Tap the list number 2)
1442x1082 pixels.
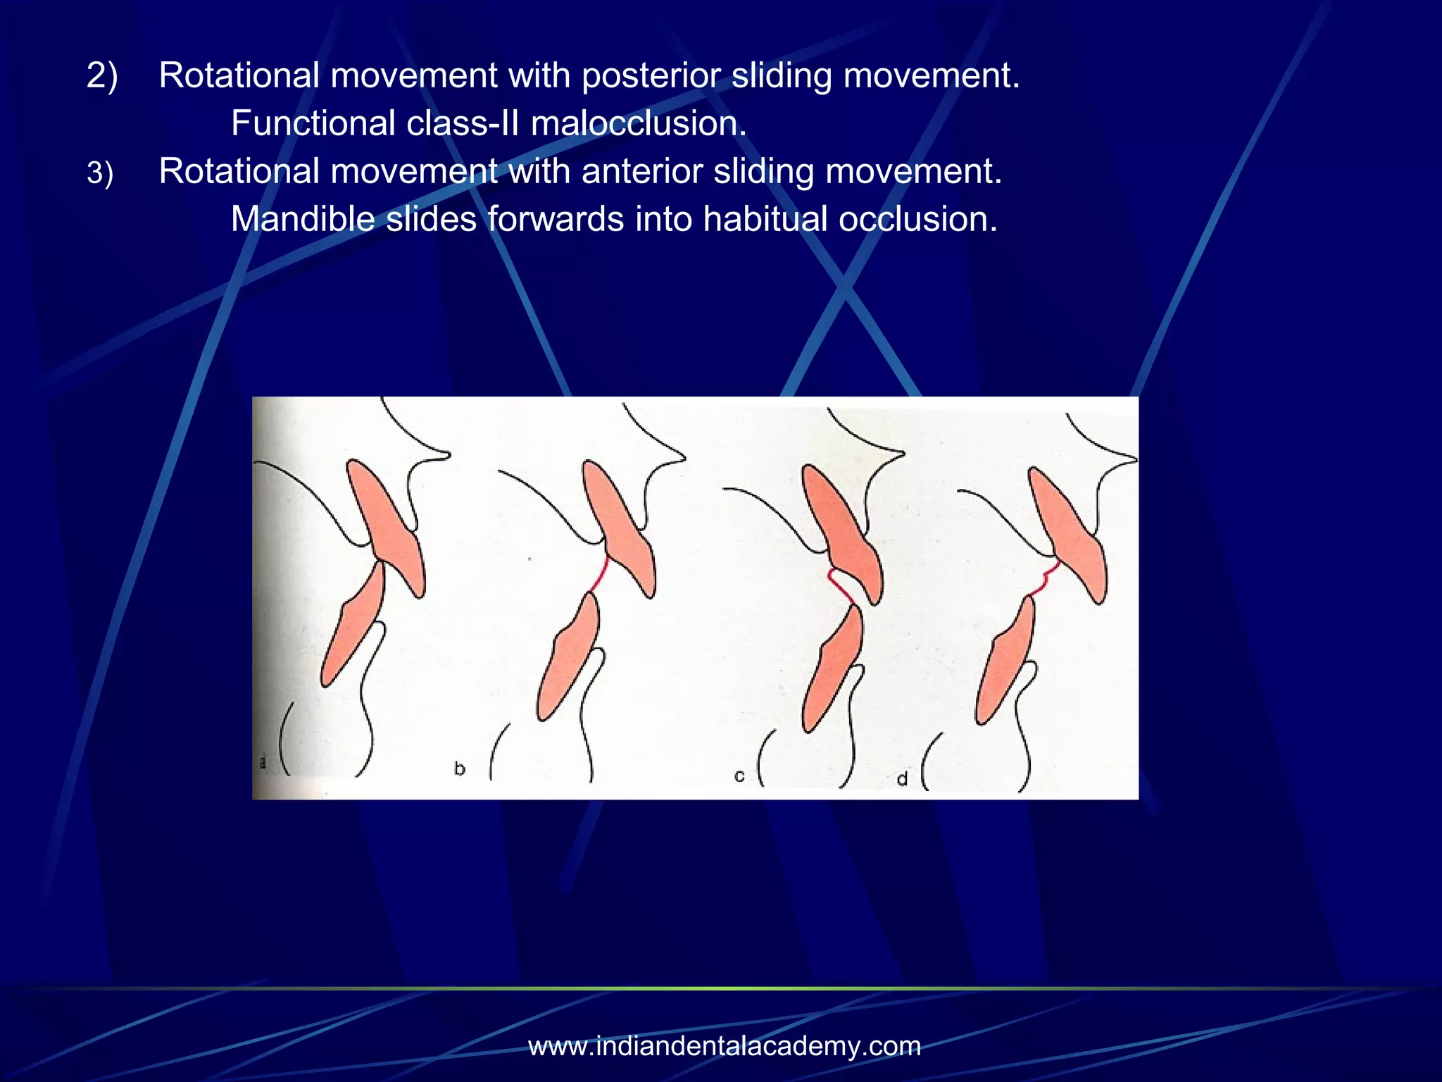[102, 75]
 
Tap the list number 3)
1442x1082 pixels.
[100, 173]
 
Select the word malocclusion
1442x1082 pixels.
[638, 124]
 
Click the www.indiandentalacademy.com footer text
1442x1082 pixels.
[725, 1046]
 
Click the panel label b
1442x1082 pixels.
[460, 769]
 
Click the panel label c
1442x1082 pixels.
[739, 776]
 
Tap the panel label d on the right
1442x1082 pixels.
[902, 779]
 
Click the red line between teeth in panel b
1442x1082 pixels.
[599, 575]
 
